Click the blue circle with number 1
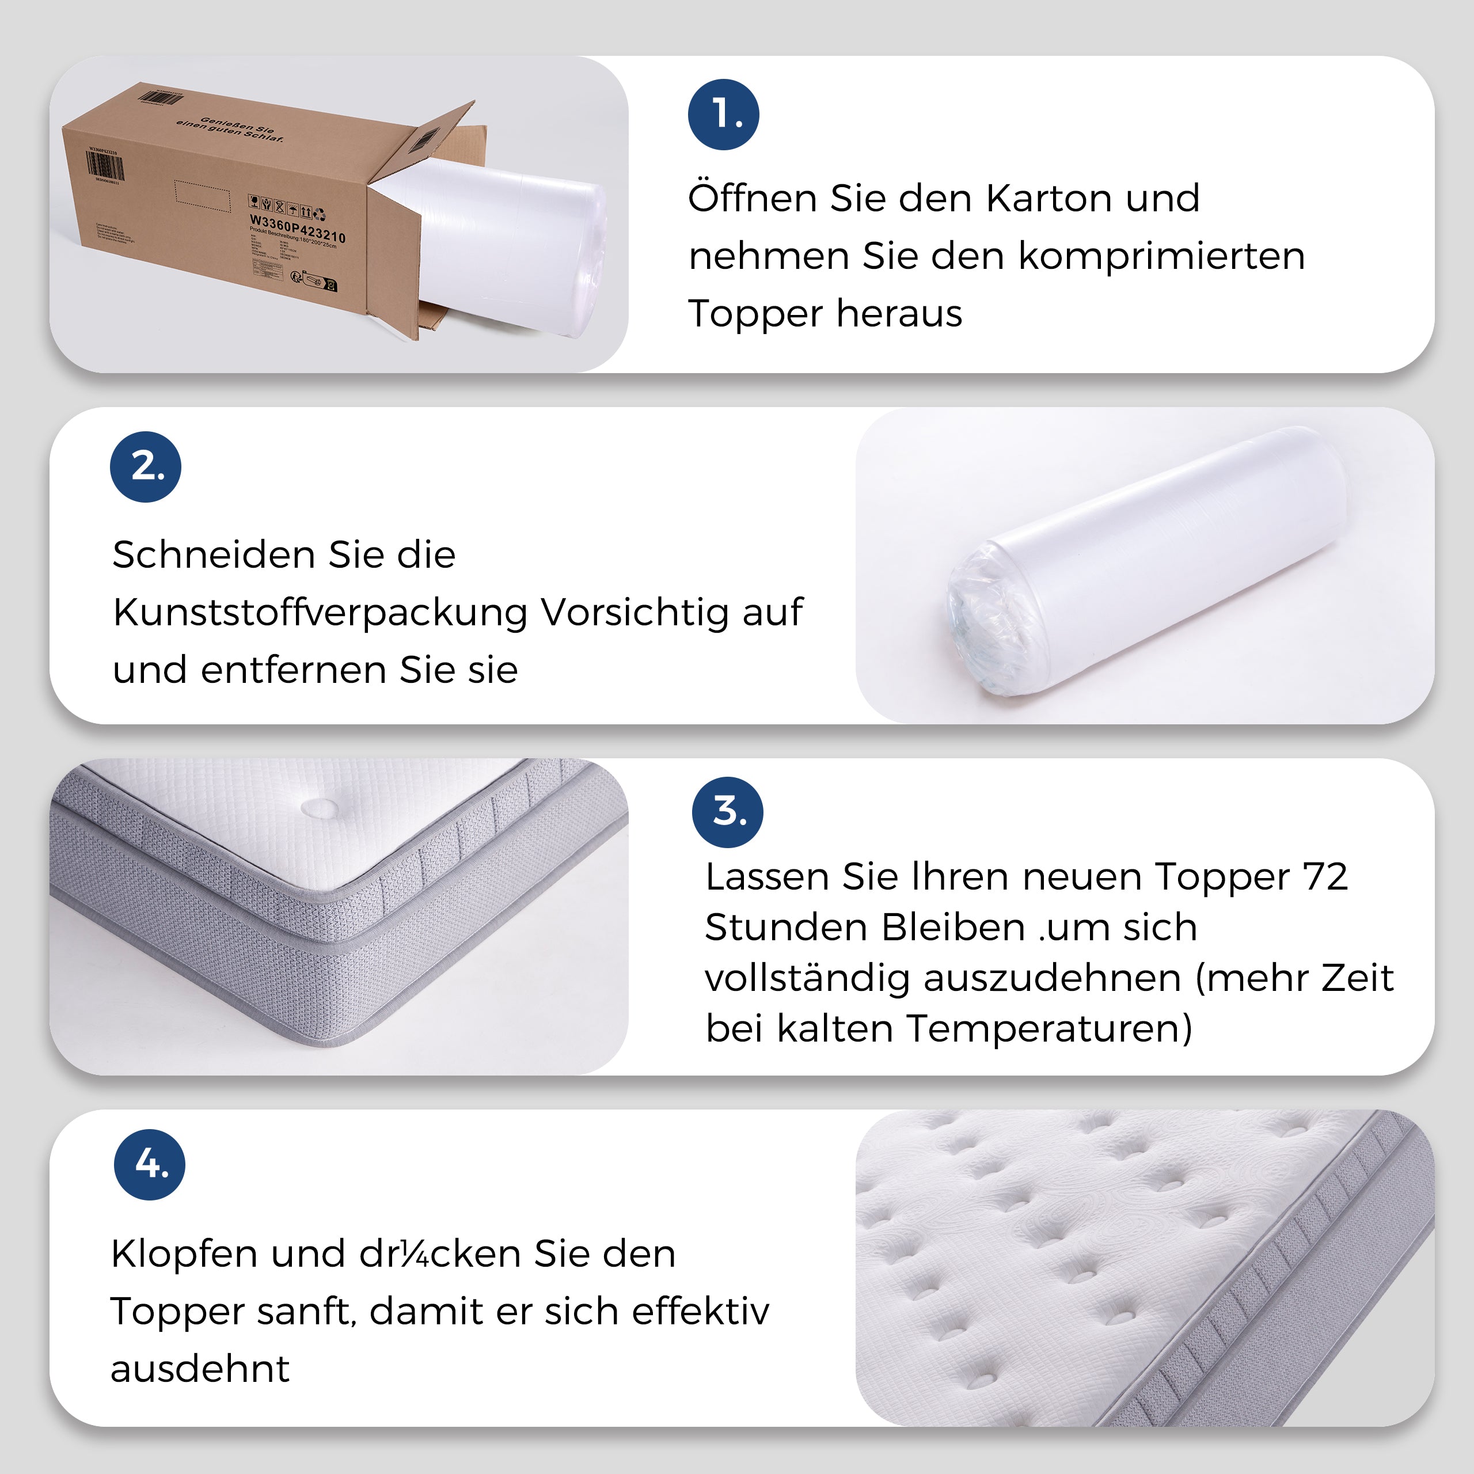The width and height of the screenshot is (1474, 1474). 723,115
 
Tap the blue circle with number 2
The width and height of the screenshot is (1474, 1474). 146,467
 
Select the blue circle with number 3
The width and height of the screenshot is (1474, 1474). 727,812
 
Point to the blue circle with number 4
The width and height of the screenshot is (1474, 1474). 150,1164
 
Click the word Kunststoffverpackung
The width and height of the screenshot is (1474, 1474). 321,613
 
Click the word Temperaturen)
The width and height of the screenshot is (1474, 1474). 1049,1028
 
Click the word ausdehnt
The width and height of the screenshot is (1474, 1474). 200,1369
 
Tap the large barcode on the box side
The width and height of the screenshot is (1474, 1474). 105,166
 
